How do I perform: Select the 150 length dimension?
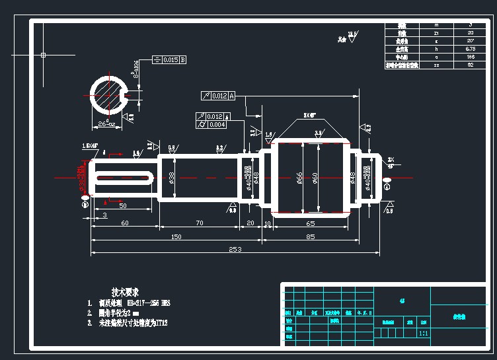[176, 236]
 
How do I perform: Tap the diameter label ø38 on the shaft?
[172, 177]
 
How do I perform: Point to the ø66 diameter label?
[299, 177]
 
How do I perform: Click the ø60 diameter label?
[316, 177]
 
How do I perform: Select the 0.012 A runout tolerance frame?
[218, 96]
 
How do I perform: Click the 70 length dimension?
[199, 224]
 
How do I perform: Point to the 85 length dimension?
[310, 236]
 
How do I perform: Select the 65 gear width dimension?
[310, 224]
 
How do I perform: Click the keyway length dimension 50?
[123, 206]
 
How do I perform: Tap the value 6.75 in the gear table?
[471, 48]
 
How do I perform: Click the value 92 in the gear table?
[471, 65]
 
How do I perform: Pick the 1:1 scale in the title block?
[423, 334]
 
